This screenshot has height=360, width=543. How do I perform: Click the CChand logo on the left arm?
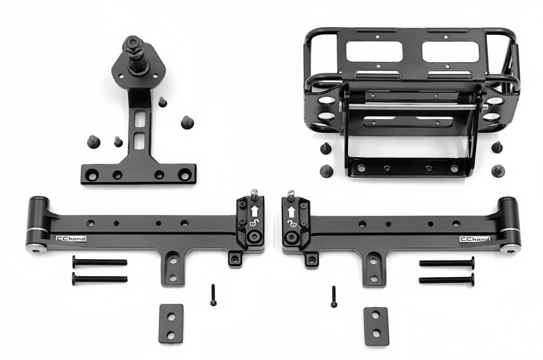[71, 239]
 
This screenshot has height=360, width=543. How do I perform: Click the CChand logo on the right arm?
[475, 240]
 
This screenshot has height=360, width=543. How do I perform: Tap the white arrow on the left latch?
[254, 211]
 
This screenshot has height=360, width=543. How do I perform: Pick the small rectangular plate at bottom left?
[171, 323]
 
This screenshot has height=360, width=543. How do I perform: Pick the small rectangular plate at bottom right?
[376, 326]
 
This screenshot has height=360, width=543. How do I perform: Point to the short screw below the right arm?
[333, 297]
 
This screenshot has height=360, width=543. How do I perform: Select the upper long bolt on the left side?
[100, 262]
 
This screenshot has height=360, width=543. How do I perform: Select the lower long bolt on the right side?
[447, 280]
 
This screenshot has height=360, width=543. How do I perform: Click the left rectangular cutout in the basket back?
[374, 52]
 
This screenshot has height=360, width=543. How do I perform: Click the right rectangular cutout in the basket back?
[450, 52]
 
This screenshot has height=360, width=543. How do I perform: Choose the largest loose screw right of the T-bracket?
[187, 122]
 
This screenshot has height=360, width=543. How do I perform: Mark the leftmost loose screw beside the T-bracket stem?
[93, 142]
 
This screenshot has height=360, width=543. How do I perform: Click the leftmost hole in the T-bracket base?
[92, 174]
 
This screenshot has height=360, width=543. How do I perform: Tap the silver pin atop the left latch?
[254, 194]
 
